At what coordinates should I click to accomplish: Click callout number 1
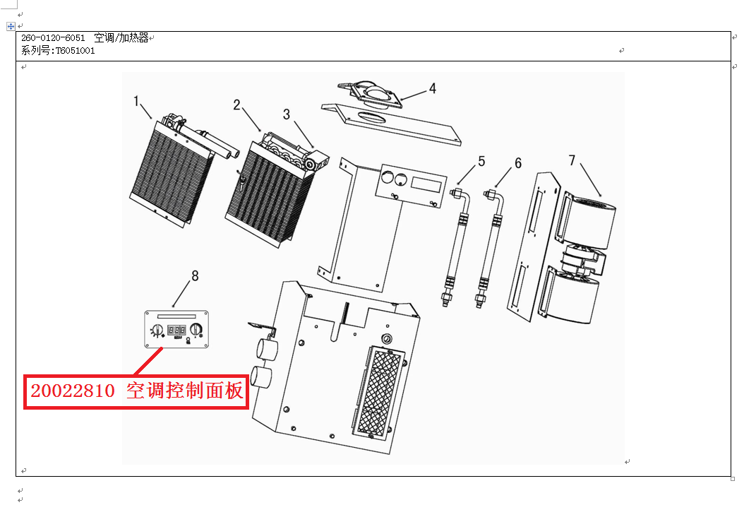[x=137, y=101]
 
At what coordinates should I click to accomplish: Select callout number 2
[x=237, y=105]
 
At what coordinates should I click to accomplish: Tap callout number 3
[x=287, y=114]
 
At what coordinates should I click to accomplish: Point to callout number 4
[x=432, y=89]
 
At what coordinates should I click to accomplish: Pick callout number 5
[x=481, y=161]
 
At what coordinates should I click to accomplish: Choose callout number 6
[x=518, y=163]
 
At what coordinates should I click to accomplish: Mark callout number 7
[x=572, y=160]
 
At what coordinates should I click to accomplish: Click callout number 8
[x=195, y=276]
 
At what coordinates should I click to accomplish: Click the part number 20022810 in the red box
[x=71, y=391]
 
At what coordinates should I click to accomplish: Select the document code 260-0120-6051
[x=53, y=38]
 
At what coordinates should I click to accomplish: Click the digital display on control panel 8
[x=176, y=330]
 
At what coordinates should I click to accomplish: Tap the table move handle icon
[x=11, y=26]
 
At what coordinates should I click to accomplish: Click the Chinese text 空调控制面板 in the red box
[x=185, y=391]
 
